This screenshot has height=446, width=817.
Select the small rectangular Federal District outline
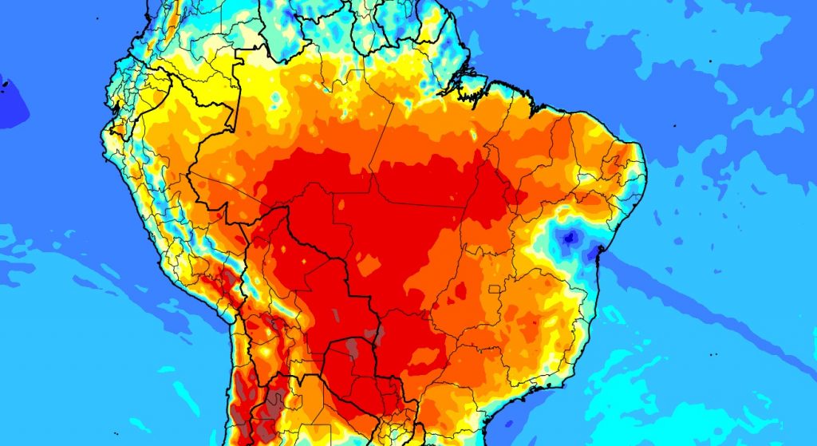499,286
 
